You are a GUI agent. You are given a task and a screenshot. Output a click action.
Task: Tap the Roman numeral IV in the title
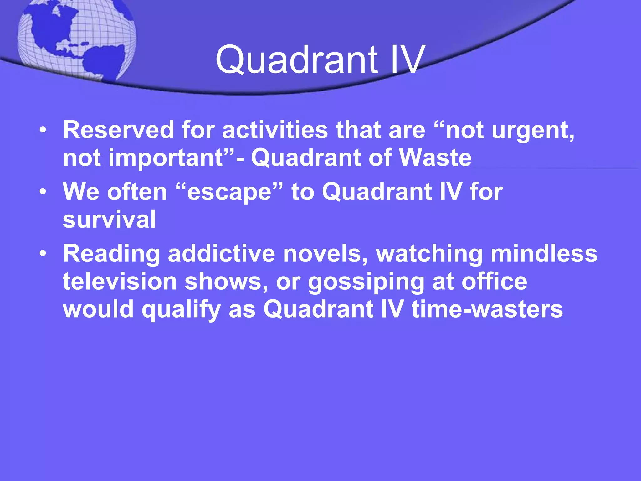point(407,59)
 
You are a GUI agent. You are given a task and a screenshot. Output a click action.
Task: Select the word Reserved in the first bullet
point(118,130)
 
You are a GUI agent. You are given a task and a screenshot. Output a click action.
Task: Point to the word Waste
point(435,158)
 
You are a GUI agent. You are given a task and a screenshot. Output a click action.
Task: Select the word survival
point(109,219)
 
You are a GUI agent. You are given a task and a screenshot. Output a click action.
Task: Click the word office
point(495,281)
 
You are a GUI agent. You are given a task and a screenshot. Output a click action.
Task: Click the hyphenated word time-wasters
point(487,309)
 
